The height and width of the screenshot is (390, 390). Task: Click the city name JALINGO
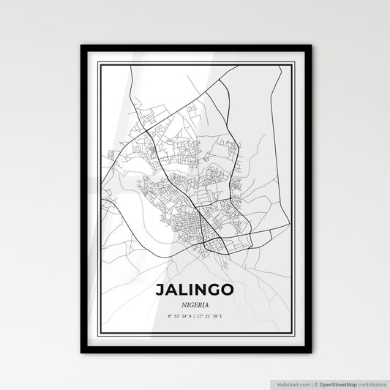(x=195, y=290)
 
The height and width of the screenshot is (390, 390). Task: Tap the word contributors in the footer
(x=372, y=383)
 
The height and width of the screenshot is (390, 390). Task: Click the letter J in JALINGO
(x=160, y=290)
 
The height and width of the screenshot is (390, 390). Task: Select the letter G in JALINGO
(x=214, y=290)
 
